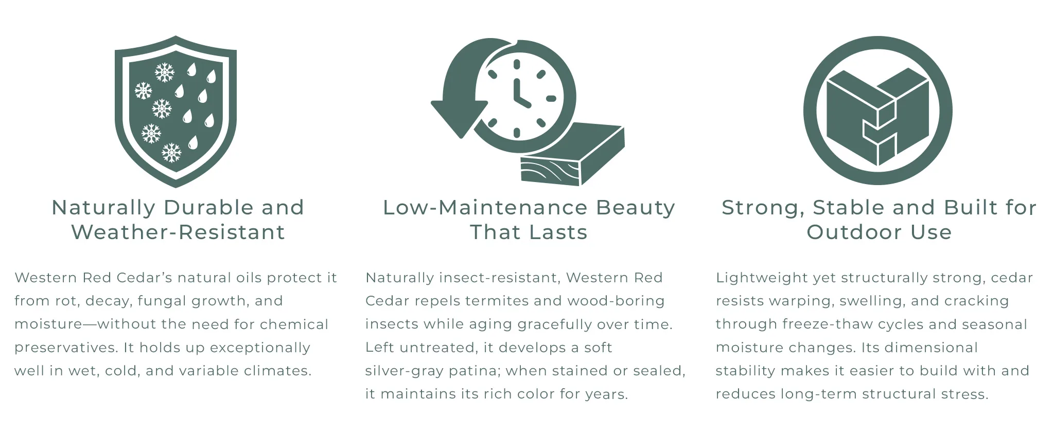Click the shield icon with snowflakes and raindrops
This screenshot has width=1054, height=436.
175,111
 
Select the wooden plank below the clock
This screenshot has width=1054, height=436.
572,154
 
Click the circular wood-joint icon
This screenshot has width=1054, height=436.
877,110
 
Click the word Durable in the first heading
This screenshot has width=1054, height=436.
208,208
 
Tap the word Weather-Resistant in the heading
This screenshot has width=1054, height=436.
178,232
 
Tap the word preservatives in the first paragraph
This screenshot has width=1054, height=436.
65,348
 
